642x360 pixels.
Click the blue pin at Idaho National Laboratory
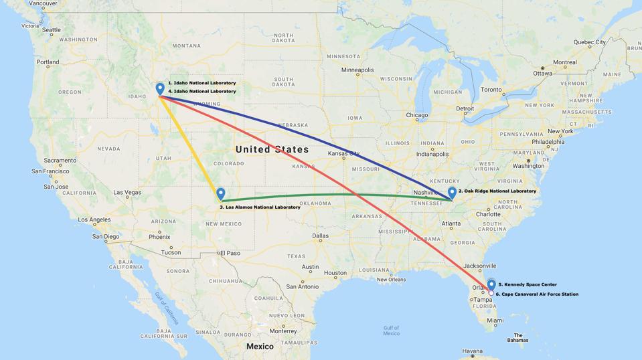(160, 88)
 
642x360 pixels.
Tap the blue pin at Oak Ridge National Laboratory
(452, 193)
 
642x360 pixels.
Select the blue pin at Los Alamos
(221, 194)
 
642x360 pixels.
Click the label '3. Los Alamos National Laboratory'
(260, 207)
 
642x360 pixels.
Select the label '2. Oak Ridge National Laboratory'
(497, 191)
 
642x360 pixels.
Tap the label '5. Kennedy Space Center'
(527, 284)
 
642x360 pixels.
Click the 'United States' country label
(272, 149)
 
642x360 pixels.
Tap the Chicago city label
(416, 115)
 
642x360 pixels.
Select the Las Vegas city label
(127, 193)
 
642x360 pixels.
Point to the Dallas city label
(320, 236)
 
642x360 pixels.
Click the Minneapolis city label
(357, 70)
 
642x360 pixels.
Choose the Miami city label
(495, 321)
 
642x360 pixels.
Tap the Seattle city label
(51, 30)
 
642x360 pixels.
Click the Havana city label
(472, 351)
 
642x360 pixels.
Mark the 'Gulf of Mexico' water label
(392, 330)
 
